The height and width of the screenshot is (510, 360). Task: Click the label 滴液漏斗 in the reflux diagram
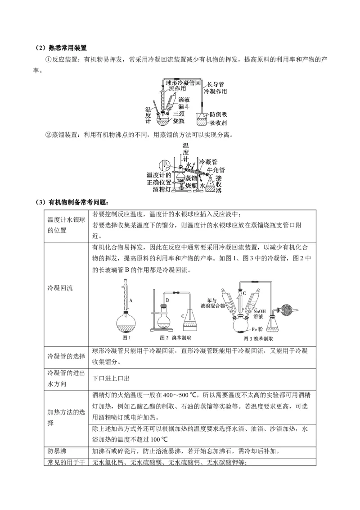(x=184, y=103)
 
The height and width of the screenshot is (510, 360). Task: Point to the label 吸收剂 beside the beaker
(x=218, y=123)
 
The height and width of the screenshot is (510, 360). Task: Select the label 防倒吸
(x=219, y=114)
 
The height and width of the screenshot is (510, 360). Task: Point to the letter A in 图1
(x=130, y=300)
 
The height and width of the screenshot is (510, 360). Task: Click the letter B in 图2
(x=167, y=299)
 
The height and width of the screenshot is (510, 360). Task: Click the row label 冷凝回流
(x=60, y=288)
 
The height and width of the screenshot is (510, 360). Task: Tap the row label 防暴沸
(x=57, y=450)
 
